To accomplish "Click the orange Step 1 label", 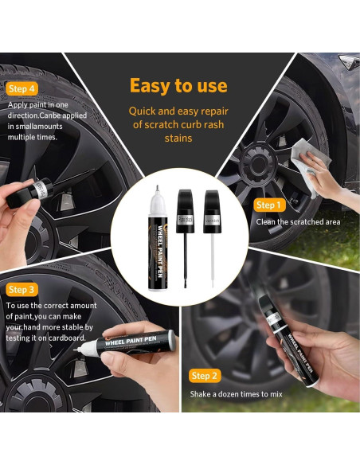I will [268, 205].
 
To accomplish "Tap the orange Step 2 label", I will [205, 376].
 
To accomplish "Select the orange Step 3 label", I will [22, 289].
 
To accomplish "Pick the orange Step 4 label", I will [22, 88].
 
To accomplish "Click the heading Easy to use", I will [178, 86].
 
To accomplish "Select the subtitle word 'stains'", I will [178, 139].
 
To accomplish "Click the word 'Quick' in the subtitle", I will [144, 111].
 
